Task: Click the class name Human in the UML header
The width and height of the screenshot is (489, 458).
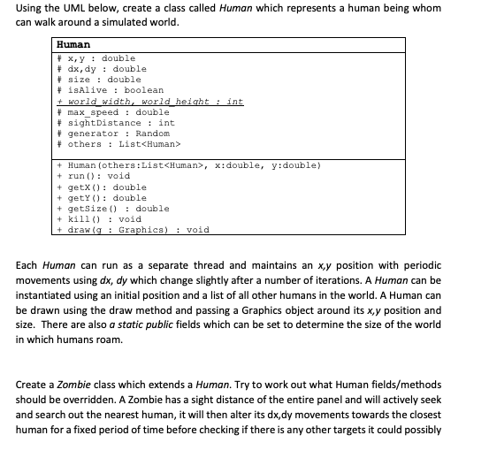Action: (x=73, y=44)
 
